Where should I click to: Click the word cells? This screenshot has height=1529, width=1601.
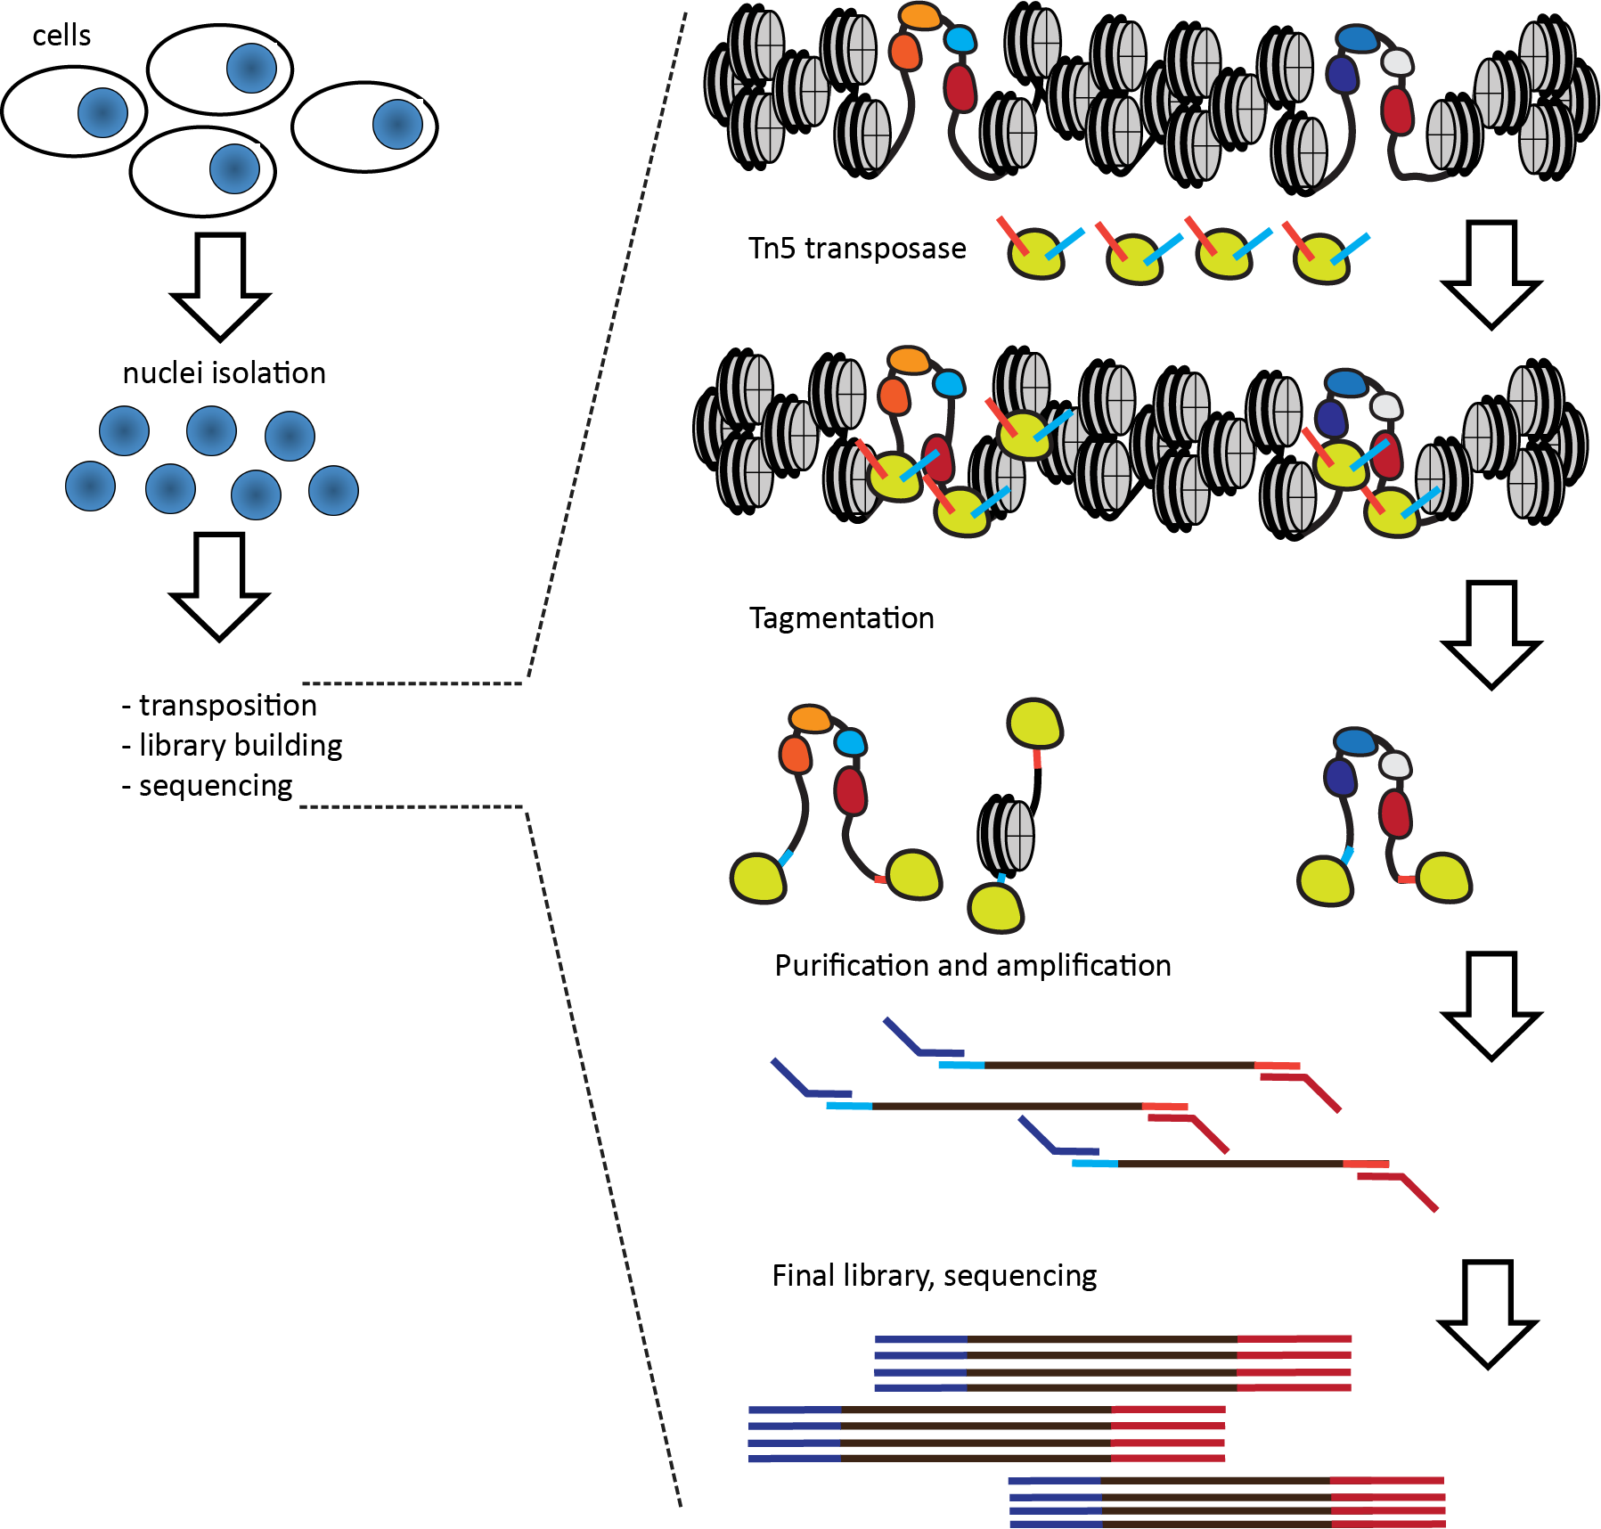[61, 36]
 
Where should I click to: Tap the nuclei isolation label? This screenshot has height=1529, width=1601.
[224, 372]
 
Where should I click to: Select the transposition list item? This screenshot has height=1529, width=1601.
[219, 705]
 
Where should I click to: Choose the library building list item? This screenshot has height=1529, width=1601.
[232, 746]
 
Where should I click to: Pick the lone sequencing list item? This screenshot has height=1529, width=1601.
[207, 786]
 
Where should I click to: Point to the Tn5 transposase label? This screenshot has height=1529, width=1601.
[857, 248]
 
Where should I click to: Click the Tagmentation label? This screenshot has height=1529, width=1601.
[842, 617]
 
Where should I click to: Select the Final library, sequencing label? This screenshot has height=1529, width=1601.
[935, 1276]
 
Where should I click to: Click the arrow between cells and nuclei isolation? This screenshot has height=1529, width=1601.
[220, 287]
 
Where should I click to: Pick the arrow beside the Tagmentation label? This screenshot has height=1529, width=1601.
[1491, 635]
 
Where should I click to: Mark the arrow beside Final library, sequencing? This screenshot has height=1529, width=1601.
[1489, 1313]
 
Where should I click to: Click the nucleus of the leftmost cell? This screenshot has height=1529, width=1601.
[102, 113]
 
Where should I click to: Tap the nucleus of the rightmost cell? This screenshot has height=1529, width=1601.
[397, 124]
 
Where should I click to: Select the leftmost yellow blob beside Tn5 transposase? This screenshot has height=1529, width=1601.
[1036, 254]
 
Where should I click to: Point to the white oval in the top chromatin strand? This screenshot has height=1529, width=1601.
[1397, 61]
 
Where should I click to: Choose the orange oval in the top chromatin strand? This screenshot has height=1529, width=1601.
[920, 15]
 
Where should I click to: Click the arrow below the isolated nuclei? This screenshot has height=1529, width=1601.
[219, 586]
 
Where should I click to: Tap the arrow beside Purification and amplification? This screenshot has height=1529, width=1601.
[1491, 1006]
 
